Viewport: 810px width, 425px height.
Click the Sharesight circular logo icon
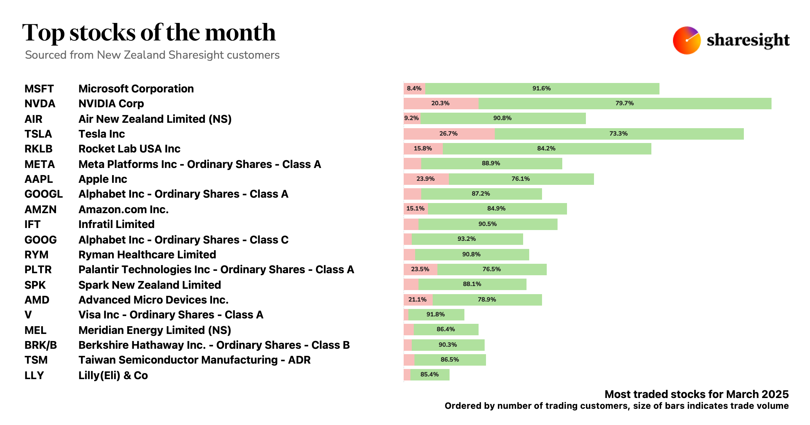click(x=686, y=40)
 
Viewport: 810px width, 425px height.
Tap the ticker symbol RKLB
click(x=38, y=149)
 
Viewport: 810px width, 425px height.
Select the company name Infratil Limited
click(x=116, y=224)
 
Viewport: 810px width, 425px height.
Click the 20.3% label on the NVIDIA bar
click(x=440, y=103)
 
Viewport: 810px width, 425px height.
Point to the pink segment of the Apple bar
click(x=426, y=179)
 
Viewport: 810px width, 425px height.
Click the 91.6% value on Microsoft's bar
click(x=541, y=88)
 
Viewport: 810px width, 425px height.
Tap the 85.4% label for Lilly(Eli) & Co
click(x=429, y=374)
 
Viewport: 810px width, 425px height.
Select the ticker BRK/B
click(x=40, y=345)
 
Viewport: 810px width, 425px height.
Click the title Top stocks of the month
click(x=149, y=33)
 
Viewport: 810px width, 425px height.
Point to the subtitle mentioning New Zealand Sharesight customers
click(x=152, y=55)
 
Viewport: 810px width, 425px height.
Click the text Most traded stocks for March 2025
click(x=696, y=394)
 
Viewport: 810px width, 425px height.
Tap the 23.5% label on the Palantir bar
click(x=420, y=269)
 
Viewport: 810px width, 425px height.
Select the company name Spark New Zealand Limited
click(x=150, y=285)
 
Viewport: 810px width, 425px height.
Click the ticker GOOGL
click(x=44, y=194)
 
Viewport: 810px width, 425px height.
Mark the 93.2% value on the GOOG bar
click(x=466, y=239)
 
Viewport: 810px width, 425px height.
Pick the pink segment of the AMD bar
click(x=418, y=300)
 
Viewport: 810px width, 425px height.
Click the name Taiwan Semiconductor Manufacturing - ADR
click(x=194, y=360)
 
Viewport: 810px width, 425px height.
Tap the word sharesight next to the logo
click(x=748, y=40)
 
